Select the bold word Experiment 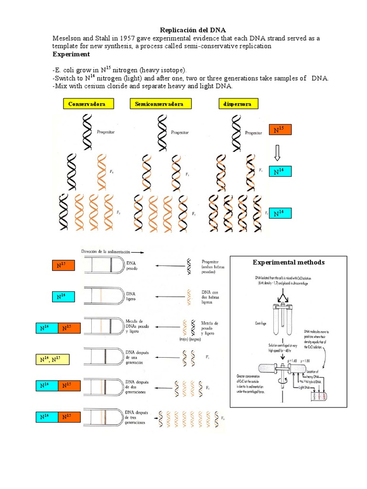click(x=71, y=54)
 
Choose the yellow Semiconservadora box click(x=160, y=104)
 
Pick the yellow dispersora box click(x=237, y=104)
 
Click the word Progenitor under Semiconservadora click(x=179, y=132)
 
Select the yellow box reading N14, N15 click(x=53, y=360)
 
